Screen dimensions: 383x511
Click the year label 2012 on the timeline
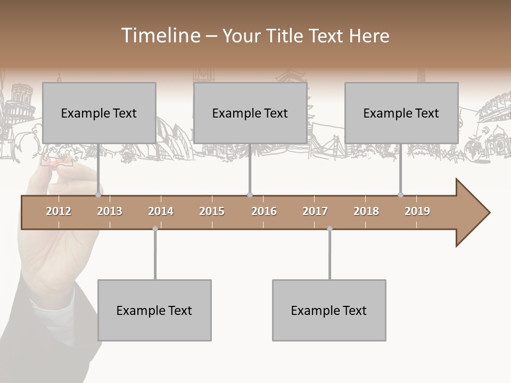point(59,211)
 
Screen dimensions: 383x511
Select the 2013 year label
point(110,211)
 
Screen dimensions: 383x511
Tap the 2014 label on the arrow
point(161,211)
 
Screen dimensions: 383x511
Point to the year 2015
point(212,211)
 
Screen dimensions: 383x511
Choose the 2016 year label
point(264,211)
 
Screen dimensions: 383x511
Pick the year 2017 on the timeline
point(315,211)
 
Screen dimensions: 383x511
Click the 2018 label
point(366,211)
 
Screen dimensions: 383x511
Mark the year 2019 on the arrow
point(417,211)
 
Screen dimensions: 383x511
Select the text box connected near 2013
point(99,113)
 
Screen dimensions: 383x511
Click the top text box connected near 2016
point(250,113)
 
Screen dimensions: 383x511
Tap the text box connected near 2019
point(401,113)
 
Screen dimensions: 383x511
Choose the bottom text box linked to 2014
point(154,310)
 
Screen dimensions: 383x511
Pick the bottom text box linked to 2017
point(329,310)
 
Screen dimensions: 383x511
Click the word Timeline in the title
point(159,36)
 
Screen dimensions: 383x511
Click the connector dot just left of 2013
point(98,195)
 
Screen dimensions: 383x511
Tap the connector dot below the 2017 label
point(329,229)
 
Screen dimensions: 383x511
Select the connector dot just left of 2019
point(401,195)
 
